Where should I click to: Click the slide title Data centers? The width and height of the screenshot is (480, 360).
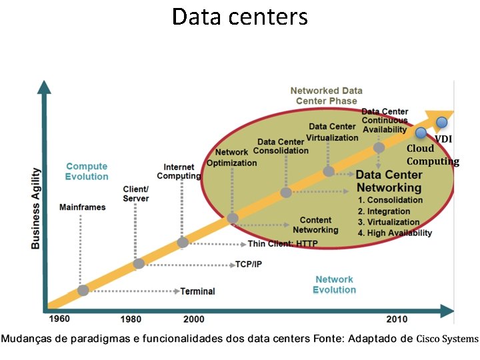pos(240,16)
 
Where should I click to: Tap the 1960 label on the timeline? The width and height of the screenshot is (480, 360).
pos(59,319)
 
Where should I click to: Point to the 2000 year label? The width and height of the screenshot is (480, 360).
pos(193,319)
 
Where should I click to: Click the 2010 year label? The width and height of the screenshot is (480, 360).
pos(397,319)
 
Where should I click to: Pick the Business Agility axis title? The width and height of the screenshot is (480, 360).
pos(36,209)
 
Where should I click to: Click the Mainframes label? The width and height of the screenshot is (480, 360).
pos(82,207)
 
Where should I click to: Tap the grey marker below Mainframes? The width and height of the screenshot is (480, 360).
pos(83,291)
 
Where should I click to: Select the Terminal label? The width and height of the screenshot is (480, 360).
pos(198,291)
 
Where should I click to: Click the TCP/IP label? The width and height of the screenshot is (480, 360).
pos(249,264)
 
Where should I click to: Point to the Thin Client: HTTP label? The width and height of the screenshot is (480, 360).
pos(283,244)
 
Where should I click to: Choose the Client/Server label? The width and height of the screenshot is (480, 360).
pos(136,194)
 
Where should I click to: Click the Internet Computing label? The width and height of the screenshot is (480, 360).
pos(179,171)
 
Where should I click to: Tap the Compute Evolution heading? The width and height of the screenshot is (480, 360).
pos(87,171)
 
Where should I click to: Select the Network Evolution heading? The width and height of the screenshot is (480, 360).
pos(335,285)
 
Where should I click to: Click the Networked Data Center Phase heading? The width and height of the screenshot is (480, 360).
pos(326,95)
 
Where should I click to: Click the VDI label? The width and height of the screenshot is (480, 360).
pos(444,139)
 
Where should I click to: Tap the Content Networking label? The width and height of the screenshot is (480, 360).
pos(316,225)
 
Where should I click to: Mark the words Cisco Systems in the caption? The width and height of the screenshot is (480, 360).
pos(447,339)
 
